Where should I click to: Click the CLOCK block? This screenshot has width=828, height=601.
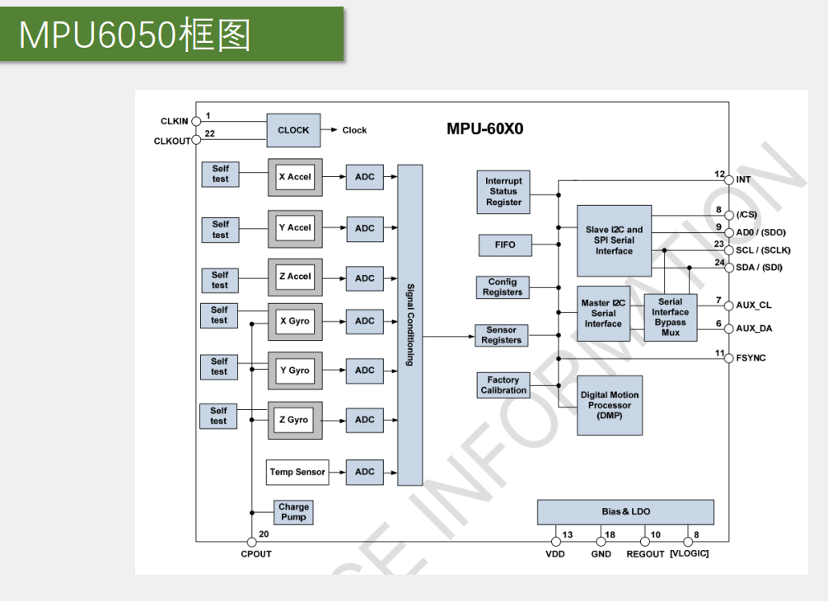click(293, 130)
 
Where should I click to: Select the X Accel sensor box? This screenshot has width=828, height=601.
click(294, 177)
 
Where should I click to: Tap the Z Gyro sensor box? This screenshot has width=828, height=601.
click(294, 420)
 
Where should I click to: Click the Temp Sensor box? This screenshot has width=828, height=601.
click(297, 472)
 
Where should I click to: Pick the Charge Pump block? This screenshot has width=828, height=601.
click(293, 512)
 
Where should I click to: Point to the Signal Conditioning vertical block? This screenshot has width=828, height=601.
click(409, 324)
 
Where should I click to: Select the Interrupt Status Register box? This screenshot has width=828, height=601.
click(503, 192)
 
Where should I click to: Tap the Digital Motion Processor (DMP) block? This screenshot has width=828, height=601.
click(610, 405)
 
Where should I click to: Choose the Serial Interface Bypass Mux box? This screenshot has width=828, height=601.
click(670, 317)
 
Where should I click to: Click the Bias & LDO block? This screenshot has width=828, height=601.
click(625, 511)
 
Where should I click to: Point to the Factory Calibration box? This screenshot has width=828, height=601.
click(503, 385)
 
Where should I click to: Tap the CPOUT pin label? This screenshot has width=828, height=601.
click(256, 554)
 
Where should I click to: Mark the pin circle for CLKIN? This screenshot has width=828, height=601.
click(195, 121)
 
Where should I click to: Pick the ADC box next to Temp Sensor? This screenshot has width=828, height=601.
click(364, 472)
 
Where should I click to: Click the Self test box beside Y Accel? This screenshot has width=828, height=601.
click(220, 229)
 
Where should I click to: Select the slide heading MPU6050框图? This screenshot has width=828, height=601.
click(136, 35)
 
